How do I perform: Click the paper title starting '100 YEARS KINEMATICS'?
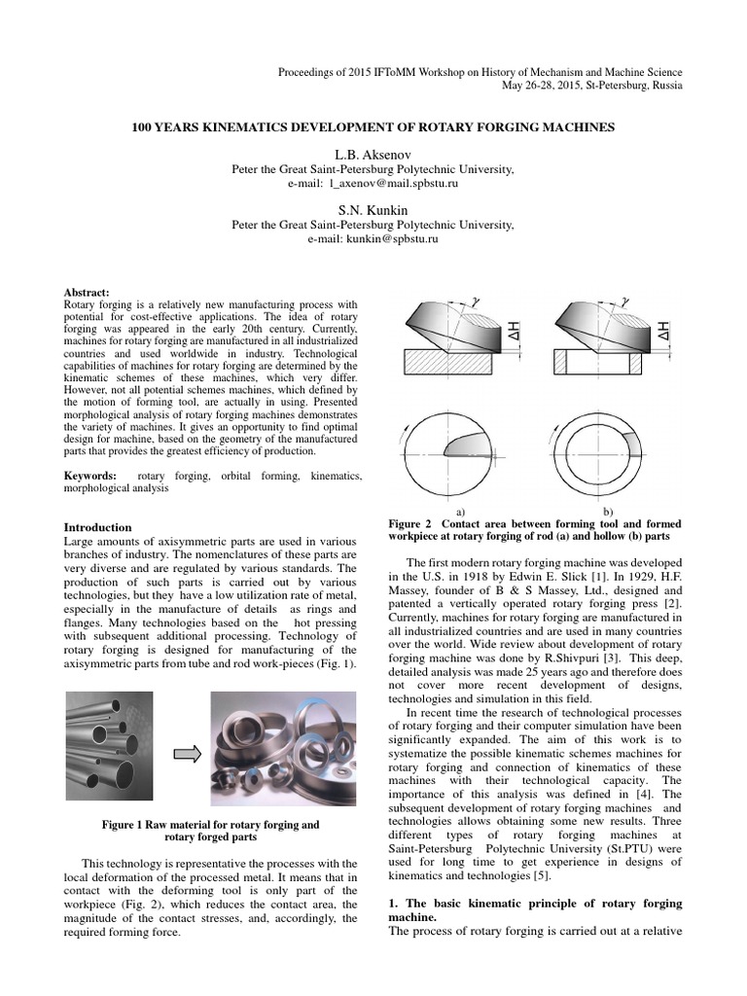(373, 127)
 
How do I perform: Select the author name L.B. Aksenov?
(373, 154)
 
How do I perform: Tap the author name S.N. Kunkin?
(373, 209)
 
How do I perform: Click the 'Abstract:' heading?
(87, 292)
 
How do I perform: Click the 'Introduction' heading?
(97, 527)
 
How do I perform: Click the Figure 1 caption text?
(211, 831)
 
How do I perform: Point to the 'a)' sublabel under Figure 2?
(460, 511)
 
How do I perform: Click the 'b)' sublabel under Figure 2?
(609, 511)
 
